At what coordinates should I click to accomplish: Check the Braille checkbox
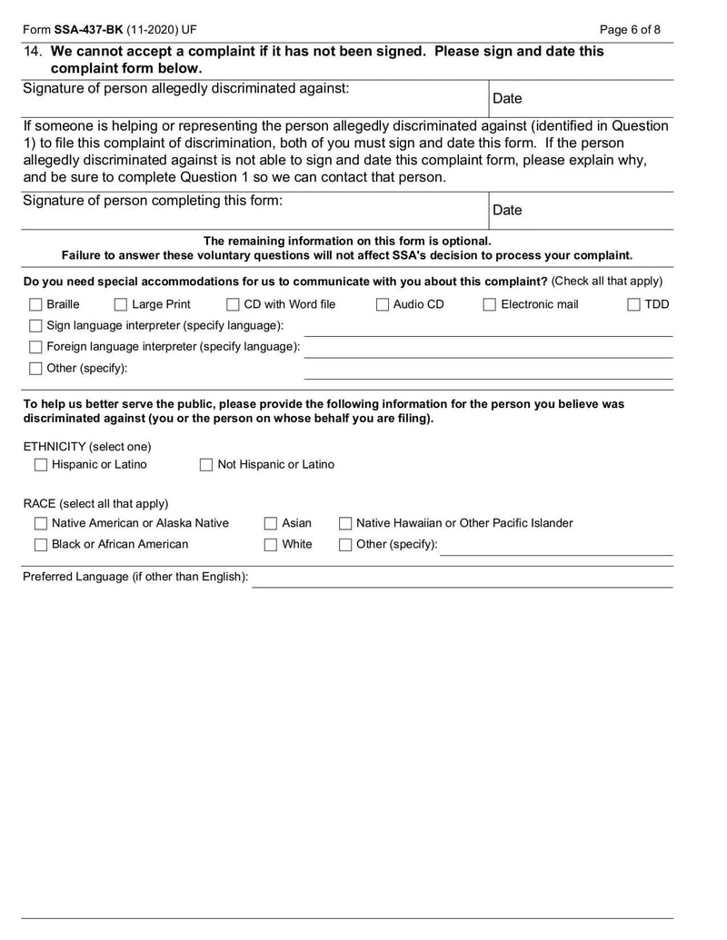tap(35, 305)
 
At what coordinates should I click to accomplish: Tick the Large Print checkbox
tap(121, 305)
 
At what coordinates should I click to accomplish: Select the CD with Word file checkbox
tap(233, 305)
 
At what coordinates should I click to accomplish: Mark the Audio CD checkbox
tap(383, 305)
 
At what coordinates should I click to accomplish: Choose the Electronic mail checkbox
tap(490, 305)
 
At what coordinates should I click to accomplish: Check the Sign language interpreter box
tap(35, 326)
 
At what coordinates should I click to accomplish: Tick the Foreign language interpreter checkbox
tap(35, 347)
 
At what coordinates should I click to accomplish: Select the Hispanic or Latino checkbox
tap(41, 465)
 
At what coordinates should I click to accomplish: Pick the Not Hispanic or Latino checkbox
tap(207, 465)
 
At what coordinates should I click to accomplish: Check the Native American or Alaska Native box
tap(41, 524)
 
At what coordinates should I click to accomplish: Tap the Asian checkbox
tap(271, 524)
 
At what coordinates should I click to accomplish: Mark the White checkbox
tap(271, 545)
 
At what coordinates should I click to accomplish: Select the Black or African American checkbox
tap(41, 545)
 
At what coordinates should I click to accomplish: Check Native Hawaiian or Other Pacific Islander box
tap(345, 524)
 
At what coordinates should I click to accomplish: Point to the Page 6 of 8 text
tap(631, 30)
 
